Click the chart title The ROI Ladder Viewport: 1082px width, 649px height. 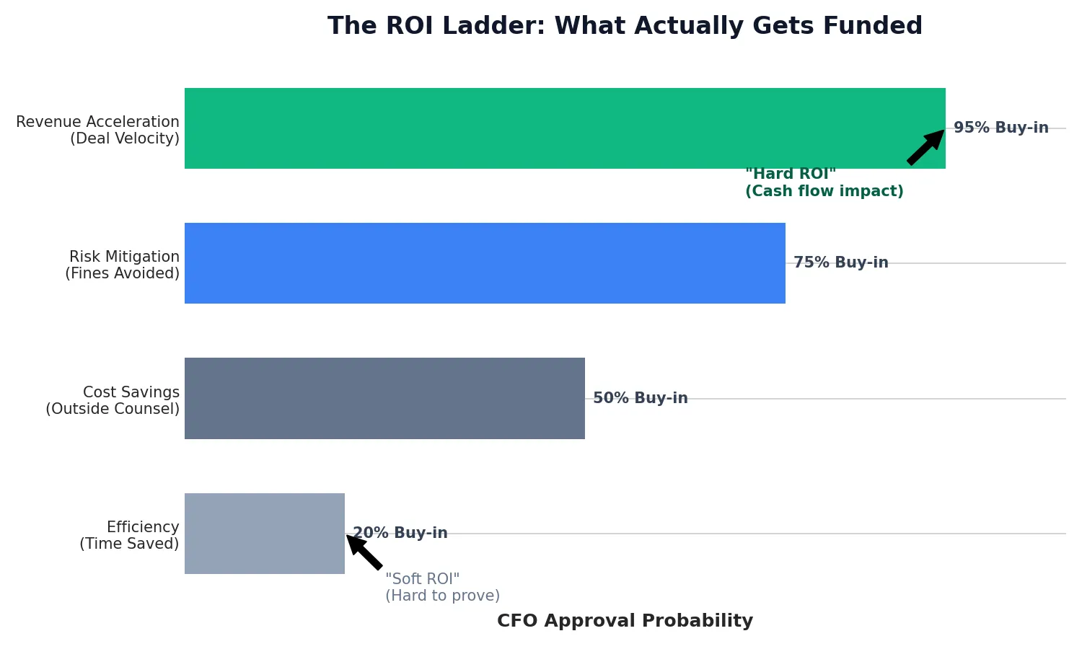tap(625, 26)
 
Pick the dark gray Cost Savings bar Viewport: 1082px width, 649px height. tap(384, 398)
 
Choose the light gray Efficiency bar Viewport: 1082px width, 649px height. tap(265, 534)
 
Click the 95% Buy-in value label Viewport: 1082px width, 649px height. tap(1000, 128)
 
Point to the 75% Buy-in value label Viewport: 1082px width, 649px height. tap(840, 263)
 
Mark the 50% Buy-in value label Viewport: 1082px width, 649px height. tap(640, 398)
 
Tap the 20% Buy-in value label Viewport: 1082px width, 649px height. tap(400, 534)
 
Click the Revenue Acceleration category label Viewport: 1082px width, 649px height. tap(98, 130)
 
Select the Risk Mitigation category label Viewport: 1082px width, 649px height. tap(123, 265)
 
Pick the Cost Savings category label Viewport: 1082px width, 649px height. tap(113, 400)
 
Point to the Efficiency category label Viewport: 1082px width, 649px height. tap(130, 535)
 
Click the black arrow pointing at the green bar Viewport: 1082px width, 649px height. tap(925, 147)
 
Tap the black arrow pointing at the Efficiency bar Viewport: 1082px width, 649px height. tap(364, 552)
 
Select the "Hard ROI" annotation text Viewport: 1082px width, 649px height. tap(790, 174)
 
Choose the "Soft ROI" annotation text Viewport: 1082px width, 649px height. tap(422, 579)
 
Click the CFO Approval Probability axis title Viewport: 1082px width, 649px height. tap(625, 621)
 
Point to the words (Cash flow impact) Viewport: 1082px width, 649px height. tap(824, 191)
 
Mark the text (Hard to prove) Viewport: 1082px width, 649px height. tap(442, 596)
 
